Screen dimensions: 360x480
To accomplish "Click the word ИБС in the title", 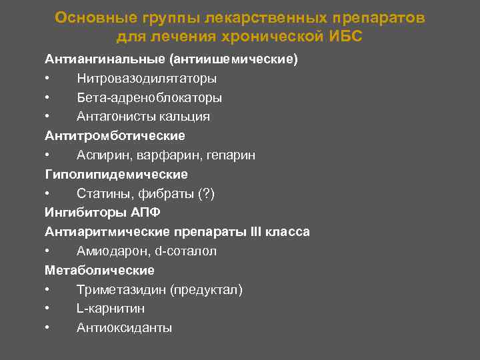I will point(345,36).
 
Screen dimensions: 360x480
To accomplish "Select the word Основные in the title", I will point(85,17).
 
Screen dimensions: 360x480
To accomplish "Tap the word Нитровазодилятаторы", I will point(146,79).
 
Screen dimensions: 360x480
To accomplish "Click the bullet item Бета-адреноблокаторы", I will point(149,98).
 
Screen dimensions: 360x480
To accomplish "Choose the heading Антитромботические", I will point(115,136).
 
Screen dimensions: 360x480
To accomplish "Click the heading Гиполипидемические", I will point(117,175).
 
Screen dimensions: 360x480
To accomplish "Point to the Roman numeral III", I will point(257,232).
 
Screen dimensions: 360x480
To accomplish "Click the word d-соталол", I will point(185,251).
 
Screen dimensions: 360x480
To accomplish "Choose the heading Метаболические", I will point(99,271).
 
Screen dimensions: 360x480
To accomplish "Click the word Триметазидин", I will point(121,290).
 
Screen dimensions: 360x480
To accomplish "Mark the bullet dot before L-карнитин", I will point(49,309).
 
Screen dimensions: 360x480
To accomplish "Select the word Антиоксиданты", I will point(124,328).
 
